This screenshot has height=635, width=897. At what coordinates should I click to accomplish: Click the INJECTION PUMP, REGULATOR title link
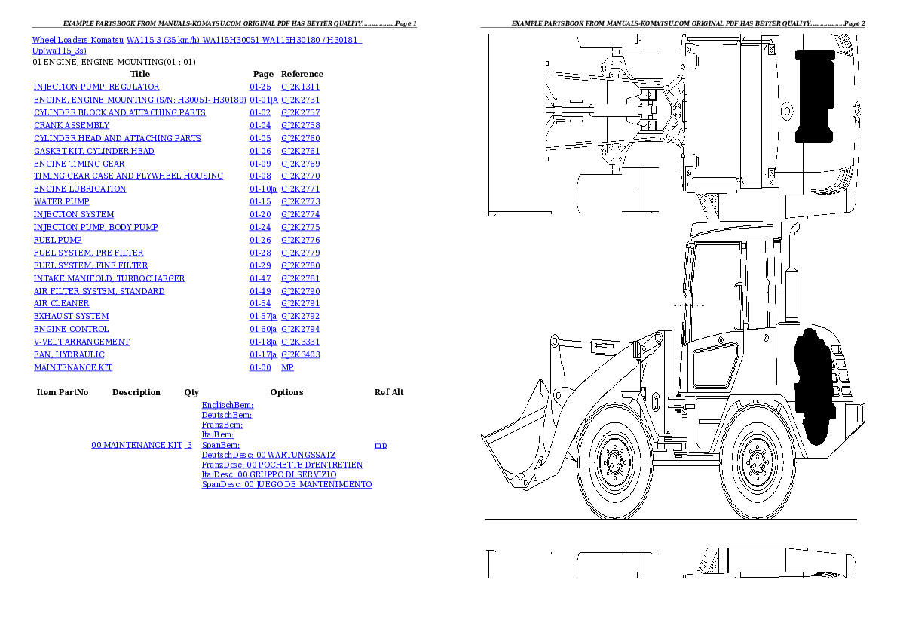(x=96, y=87)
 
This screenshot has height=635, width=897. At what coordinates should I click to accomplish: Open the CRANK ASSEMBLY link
(x=72, y=125)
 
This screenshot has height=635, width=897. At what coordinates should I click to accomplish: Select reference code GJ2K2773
(x=300, y=201)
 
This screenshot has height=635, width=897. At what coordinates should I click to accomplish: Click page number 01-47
(x=260, y=278)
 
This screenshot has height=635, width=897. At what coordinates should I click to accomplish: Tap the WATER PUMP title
(x=61, y=201)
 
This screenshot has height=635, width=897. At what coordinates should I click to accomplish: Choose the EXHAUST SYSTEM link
(x=71, y=316)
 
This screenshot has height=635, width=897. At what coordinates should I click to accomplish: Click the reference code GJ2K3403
(x=300, y=354)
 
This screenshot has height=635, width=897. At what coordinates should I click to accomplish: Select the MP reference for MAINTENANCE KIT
(x=287, y=367)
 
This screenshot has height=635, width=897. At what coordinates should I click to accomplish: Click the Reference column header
(x=302, y=74)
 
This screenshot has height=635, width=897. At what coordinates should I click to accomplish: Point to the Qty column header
(x=191, y=392)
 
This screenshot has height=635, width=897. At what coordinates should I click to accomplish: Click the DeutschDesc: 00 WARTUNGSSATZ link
(x=268, y=456)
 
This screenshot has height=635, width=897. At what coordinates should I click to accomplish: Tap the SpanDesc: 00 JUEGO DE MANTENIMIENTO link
(x=286, y=484)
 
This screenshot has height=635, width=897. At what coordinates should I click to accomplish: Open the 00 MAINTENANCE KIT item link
(x=136, y=445)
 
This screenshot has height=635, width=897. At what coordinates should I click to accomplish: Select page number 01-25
(x=260, y=87)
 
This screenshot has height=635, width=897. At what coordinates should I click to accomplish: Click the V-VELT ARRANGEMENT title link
(x=82, y=342)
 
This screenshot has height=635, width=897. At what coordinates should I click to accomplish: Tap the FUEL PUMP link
(x=58, y=240)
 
